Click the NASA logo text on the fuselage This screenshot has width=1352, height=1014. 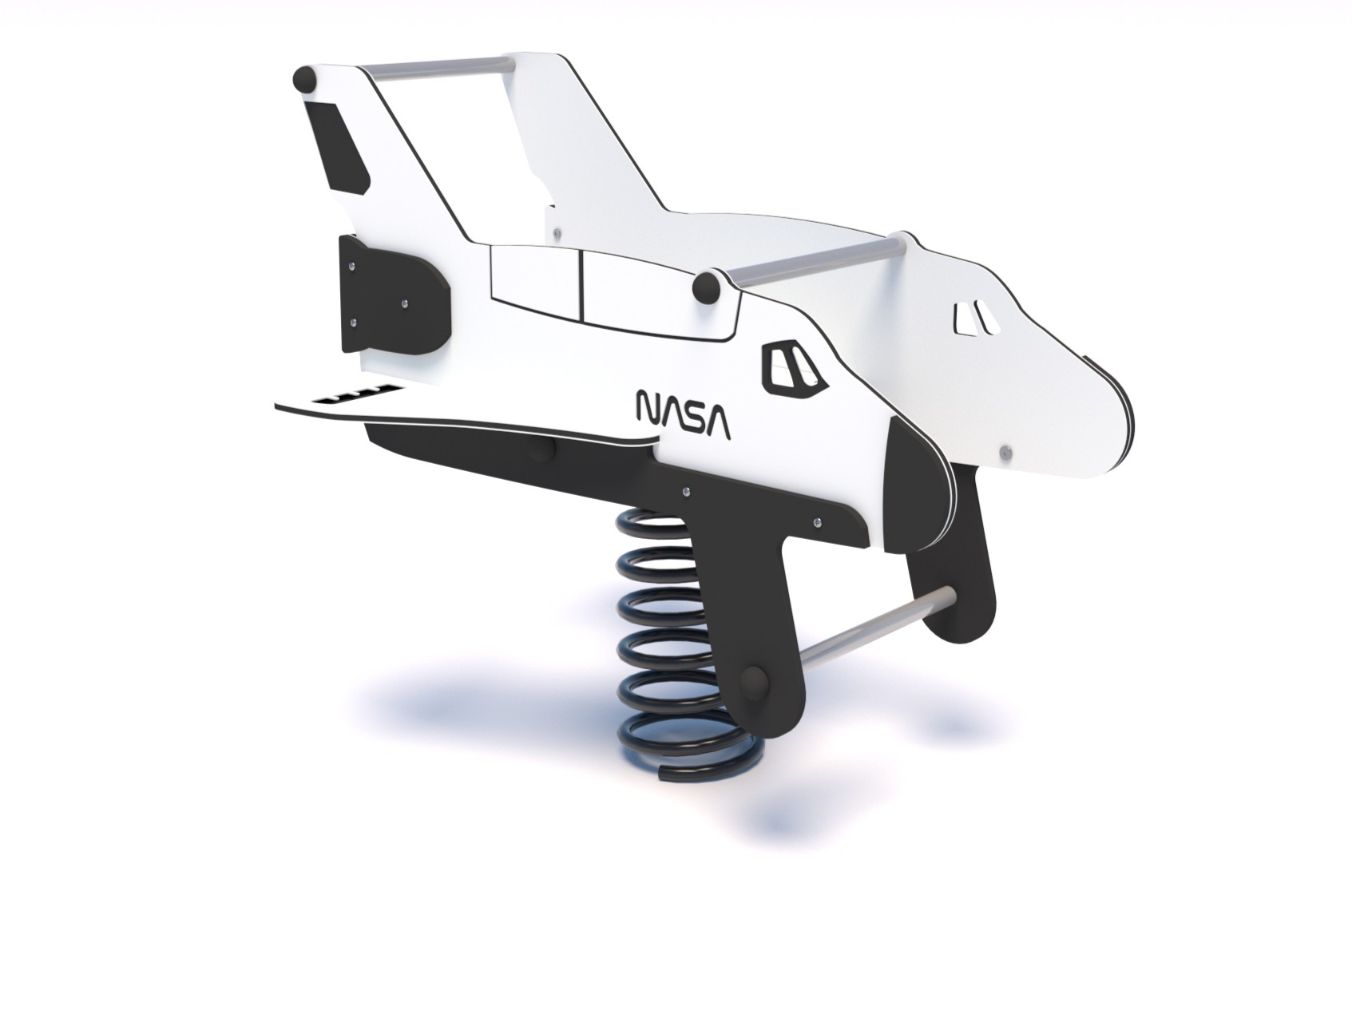[682, 415]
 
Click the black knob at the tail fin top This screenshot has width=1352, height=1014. [304, 80]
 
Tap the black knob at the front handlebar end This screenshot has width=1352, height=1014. [706, 289]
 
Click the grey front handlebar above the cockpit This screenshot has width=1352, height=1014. [815, 260]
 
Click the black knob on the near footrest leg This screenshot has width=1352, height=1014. [755, 683]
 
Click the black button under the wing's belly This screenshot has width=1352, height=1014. [545, 450]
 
